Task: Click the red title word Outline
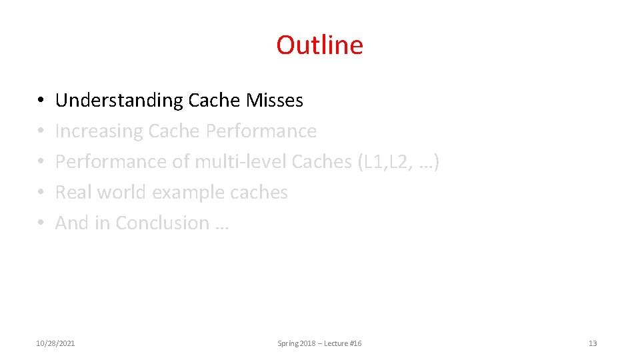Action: (319, 45)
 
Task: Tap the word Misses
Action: (275, 101)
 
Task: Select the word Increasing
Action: (99, 131)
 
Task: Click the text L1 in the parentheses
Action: (371, 162)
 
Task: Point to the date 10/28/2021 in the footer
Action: (55, 343)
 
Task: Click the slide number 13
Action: (593, 343)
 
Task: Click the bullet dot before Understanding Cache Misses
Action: (40, 101)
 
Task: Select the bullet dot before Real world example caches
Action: (40, 193)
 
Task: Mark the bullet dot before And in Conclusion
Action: (40, 223)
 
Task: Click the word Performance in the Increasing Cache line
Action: (261, 131)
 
